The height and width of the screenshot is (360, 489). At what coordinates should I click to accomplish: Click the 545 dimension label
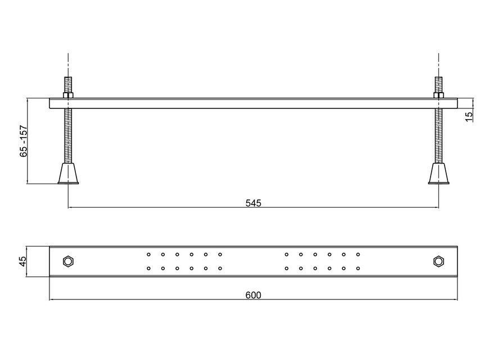(x=253, y=203)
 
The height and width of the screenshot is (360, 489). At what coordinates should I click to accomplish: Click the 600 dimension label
(x=253, y=295)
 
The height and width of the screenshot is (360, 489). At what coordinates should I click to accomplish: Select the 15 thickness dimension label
(x=469, y=116)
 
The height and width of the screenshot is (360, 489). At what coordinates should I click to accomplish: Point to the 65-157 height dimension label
(x=24, y=141)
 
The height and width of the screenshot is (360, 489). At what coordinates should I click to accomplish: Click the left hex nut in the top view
(x=68, y=261)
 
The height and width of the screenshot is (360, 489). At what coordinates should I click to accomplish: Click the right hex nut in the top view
(x=438, y=261)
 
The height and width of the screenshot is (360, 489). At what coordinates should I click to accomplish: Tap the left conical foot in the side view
(x=68, y=174)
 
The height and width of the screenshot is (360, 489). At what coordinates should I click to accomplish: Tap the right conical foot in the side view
(x=438, y=174)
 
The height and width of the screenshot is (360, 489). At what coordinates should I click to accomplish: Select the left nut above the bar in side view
(x=68, y=95)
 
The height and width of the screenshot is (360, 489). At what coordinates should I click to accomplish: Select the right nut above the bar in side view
(x=438, y=95)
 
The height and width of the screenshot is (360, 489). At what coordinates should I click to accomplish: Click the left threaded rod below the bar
(x=68, y=135)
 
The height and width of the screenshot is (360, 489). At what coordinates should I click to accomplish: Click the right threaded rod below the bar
(x=438, y=135)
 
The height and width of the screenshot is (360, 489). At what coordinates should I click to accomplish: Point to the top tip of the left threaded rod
(x=68, y=77)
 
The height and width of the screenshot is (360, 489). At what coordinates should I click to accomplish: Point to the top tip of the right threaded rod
(x=438, y=77)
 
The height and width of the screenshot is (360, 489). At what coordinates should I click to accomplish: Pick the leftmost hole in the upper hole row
(x=149, y=254)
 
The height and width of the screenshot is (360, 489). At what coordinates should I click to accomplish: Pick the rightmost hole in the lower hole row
(x=358, y=268)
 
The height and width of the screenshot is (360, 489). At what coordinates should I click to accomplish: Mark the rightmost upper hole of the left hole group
(x=220, y=254)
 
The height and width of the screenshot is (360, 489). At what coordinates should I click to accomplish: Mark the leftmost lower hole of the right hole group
(x=287, y=268)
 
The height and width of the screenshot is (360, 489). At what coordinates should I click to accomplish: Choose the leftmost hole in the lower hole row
(x=149, y=268)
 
